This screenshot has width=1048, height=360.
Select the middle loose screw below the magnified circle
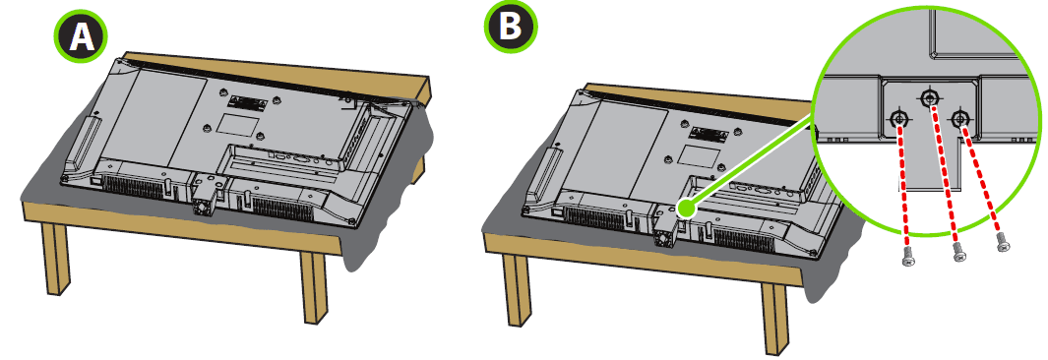point(959,252)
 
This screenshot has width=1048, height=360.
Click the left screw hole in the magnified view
point(898,120)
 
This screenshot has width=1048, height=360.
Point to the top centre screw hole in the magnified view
point(929,98)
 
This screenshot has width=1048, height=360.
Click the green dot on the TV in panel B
point(685,210)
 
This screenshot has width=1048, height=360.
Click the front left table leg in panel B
point(516,288)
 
